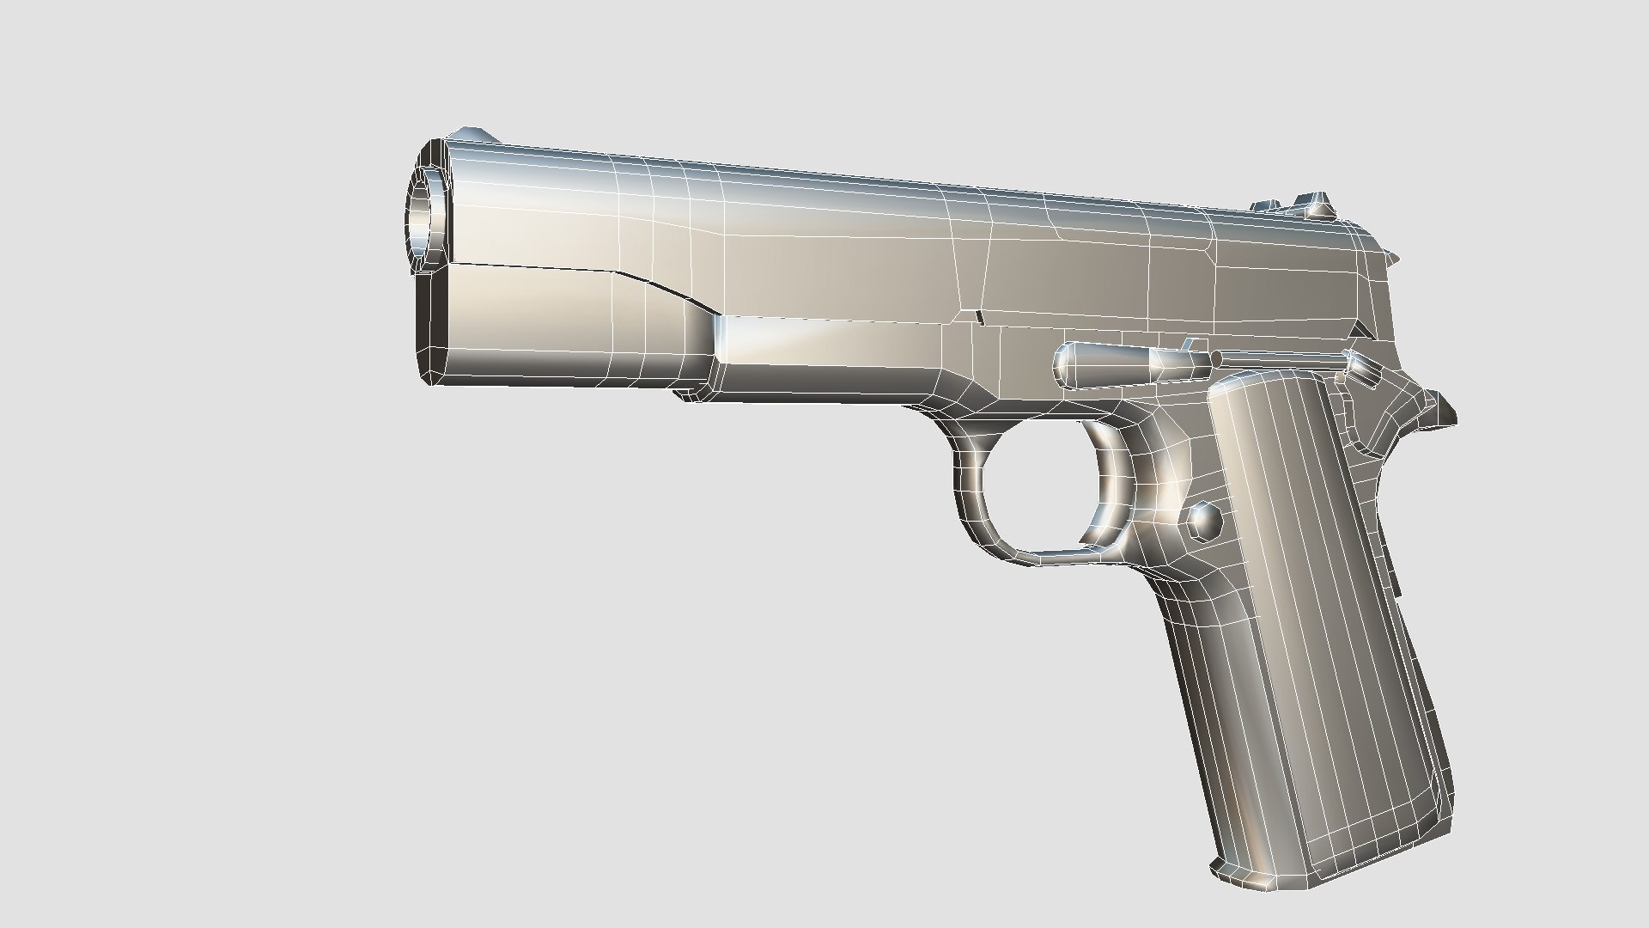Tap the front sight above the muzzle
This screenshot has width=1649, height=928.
[473, 135]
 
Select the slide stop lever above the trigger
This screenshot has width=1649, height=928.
[1125, 361]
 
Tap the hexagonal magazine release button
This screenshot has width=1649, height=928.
[1204, 520]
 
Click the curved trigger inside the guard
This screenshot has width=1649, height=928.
[1108, 481]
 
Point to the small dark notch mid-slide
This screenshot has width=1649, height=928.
[980, 317]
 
